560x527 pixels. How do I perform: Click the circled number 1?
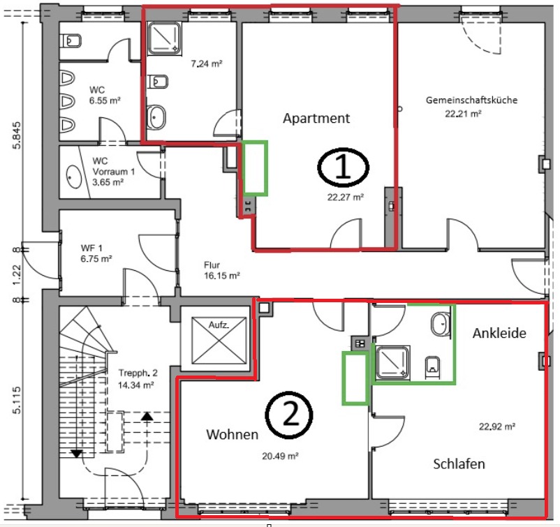coord(343,167)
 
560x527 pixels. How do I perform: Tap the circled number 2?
coord(289,415)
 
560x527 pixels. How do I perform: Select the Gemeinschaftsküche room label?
coord(471,101)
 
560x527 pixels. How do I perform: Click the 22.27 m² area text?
coord(346,197)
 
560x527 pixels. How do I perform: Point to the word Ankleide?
coord(499,333)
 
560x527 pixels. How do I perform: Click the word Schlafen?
coord(459,463)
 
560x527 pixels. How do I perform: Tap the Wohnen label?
coord(232,434)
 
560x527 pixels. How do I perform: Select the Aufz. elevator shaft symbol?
coord(219,339)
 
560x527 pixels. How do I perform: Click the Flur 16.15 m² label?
coord(221,270)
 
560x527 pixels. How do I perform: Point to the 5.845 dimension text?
coord(17,135)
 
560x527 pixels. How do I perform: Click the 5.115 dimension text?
coord(17,400)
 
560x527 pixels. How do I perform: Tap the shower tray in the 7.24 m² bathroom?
coord(164,38)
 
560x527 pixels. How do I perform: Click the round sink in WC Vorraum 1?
coord(74,176)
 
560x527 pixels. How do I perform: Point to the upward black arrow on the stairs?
coord(147,416)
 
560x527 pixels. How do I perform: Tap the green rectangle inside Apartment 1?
coord(255,168)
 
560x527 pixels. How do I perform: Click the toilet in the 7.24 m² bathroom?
coord(158,82)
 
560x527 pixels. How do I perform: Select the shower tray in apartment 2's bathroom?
coord(392,362)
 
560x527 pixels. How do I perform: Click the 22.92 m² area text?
coord(496,426)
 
